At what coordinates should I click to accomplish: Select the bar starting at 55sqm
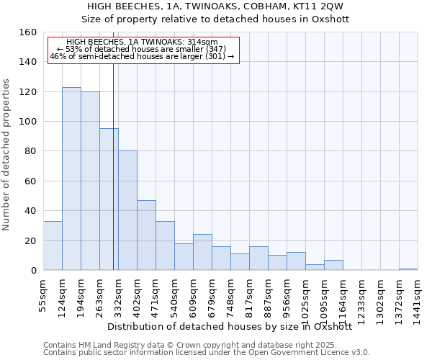(53, 246)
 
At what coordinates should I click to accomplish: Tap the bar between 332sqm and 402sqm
(127, 210)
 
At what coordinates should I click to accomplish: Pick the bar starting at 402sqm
(146, 235)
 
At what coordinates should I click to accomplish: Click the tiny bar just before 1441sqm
(408, 269)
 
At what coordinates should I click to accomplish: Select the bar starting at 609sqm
(202, 252)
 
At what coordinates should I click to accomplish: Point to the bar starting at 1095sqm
(333, 265)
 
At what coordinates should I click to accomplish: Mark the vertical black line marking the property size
(113, 166)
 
